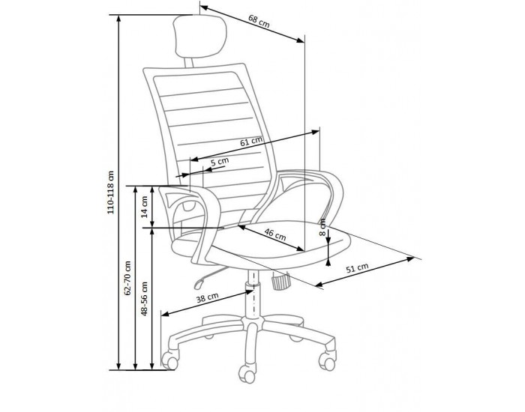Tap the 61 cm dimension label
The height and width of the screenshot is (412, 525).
tap(251, 141)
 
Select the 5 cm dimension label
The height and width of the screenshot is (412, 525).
tap(219, 161)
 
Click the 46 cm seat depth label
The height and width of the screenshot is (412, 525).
tap(275, 235)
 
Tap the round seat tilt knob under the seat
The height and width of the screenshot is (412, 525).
tap(280, 283)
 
